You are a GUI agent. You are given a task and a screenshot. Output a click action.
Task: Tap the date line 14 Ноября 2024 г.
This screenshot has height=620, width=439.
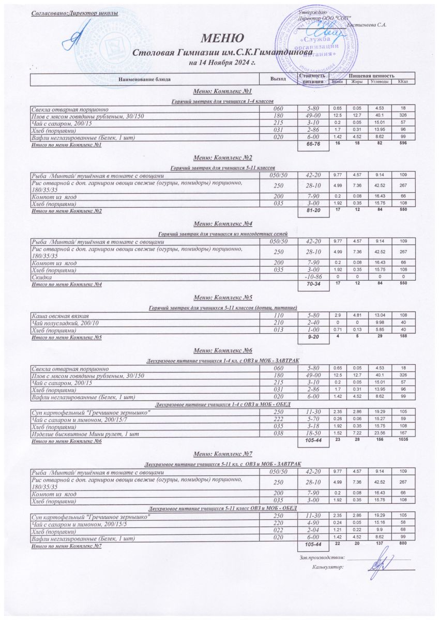223,63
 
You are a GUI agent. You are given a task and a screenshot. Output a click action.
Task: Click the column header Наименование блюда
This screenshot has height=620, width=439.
144,79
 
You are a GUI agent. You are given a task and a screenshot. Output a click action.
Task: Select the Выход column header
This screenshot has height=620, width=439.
278,79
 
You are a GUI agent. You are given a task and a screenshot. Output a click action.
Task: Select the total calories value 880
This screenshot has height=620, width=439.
404,544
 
